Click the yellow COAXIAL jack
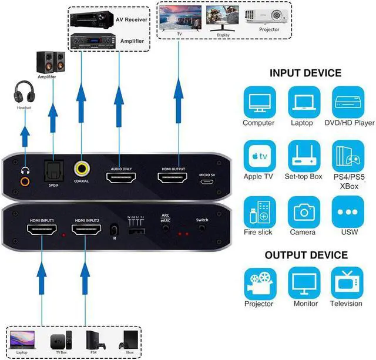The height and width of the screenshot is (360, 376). tap(82, 170)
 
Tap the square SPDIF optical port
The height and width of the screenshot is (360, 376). tap(53, 170)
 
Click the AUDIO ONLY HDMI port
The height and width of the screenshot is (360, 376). tap(119, 177)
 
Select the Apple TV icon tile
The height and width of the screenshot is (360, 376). tap(258, 157)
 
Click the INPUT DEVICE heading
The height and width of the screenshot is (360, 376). tap(305, 73)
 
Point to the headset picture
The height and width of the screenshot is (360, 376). tap(25, 93)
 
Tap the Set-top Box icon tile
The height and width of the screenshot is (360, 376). tap(303, 157)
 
